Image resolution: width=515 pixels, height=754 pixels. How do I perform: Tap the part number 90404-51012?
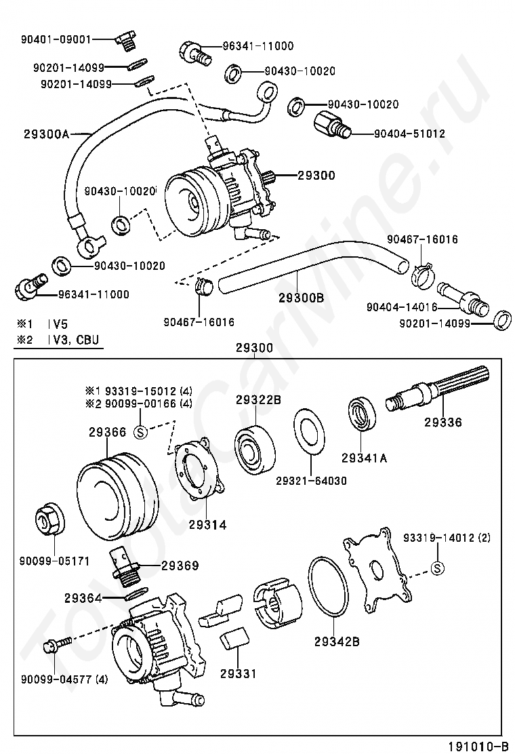coord(409,134)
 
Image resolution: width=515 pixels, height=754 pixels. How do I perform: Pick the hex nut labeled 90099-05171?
coord(47,519)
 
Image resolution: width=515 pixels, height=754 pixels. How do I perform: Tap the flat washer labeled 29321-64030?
coord(310,437)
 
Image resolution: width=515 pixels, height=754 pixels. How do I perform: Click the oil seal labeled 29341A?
coord(364,415)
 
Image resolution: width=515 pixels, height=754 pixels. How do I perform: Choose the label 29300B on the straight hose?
coord(301,297)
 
